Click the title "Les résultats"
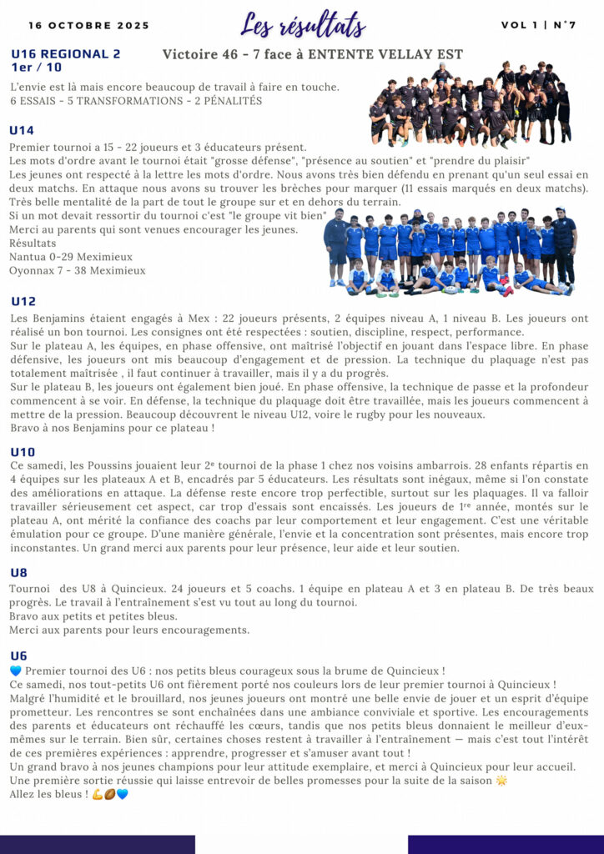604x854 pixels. pos(302,24)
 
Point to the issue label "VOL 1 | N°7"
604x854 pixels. pos(538,25)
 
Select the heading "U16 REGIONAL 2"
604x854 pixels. pos(66,54)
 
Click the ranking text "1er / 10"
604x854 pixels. pos(37,67)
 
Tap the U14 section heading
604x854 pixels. pos(22,130)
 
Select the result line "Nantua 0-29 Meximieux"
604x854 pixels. pos(71,257)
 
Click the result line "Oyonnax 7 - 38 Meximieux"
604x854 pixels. pos(78,270)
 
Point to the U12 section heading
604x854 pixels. pos(23,301)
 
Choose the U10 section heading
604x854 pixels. pos(23,451)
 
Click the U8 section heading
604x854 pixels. pos(18,573)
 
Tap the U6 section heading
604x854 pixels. pos(18,656)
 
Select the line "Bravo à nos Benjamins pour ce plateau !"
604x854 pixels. pos(112,428)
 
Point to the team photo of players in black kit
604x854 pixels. pos(470,102)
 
